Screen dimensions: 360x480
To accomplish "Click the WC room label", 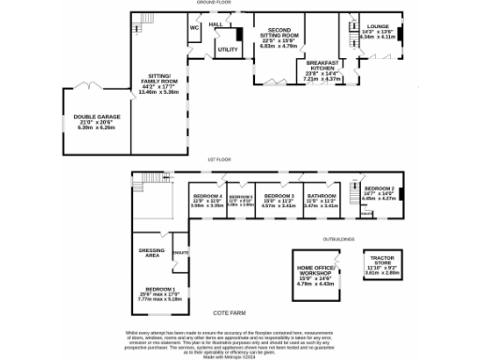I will [195, 28].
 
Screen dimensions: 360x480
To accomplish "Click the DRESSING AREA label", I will [151, 252].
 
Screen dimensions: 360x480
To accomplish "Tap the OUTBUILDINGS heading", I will [337, 239].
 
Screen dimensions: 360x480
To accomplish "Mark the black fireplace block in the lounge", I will [402, 35].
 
